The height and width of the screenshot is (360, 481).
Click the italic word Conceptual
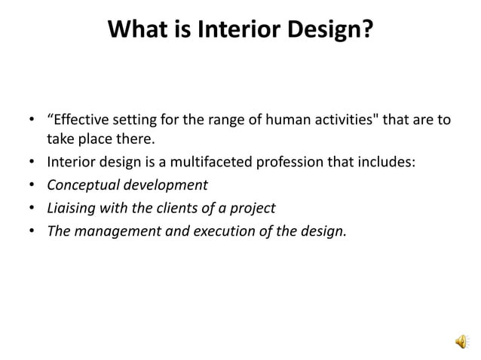point(79,185)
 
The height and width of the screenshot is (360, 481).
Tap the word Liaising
point(70,208)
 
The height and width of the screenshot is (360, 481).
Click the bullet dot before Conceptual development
point(32,185)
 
